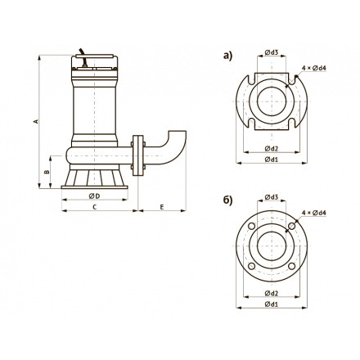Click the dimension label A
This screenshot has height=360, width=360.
pyautogui.click(x=35, y=121)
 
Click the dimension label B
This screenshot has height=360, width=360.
pyautogui.click(x=47, y=172)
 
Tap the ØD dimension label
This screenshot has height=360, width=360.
pyautogui.click(x=94, y=196)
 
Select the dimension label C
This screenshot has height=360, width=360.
pyautogui.click(x=95, y=207)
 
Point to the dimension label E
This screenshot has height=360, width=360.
pyautogui.click(x=162, y=207)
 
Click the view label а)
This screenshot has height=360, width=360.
pyautogui.click(x=227, y=56)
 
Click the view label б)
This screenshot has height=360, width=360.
pyautogui.click(x=227, y=200)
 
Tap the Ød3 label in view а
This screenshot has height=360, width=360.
pyautogui.click(x=272, y=52)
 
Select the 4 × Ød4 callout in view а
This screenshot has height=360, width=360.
pyautogui.click(x=314, y=68)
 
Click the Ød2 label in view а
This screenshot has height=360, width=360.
pyautogui.click(x=272, y=149)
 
